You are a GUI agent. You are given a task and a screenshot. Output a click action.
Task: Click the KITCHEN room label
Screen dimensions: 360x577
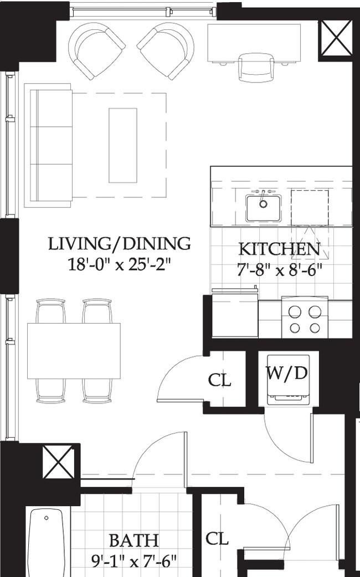[x=279, y=249]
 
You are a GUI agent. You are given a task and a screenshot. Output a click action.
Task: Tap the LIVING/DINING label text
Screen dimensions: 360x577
[x=120, y=244]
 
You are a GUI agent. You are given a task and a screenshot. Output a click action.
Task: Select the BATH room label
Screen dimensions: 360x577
[x=134, y=540]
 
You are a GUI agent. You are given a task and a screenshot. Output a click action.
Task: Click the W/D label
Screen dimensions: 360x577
[x=287, y=373]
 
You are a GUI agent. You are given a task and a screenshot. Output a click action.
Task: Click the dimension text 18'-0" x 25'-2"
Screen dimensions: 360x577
[x=120, y=264]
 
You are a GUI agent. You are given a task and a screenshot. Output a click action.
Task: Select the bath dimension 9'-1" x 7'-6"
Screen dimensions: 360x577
[x=134, y=561]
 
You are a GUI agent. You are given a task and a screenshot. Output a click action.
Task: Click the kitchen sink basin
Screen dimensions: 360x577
[x=263, y=208]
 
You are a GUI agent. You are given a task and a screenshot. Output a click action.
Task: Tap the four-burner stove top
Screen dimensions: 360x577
[x=305, y=319]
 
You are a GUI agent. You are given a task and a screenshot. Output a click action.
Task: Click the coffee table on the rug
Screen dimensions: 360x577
[x=123, y=145]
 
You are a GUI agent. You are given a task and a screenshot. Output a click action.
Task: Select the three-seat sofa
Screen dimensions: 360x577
[x=48, y=145]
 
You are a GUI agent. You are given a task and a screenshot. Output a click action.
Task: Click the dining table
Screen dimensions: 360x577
[x=74, y=351]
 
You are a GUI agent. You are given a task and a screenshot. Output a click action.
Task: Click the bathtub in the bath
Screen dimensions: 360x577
[x=46, y=543]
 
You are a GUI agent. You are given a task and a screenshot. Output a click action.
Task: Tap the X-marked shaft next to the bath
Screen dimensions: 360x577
[x=58, y=462]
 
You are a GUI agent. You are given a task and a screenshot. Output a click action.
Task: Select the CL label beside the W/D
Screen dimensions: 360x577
[x=219, y=380]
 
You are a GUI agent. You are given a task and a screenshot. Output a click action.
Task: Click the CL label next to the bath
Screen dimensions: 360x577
[x=217, y=539]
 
